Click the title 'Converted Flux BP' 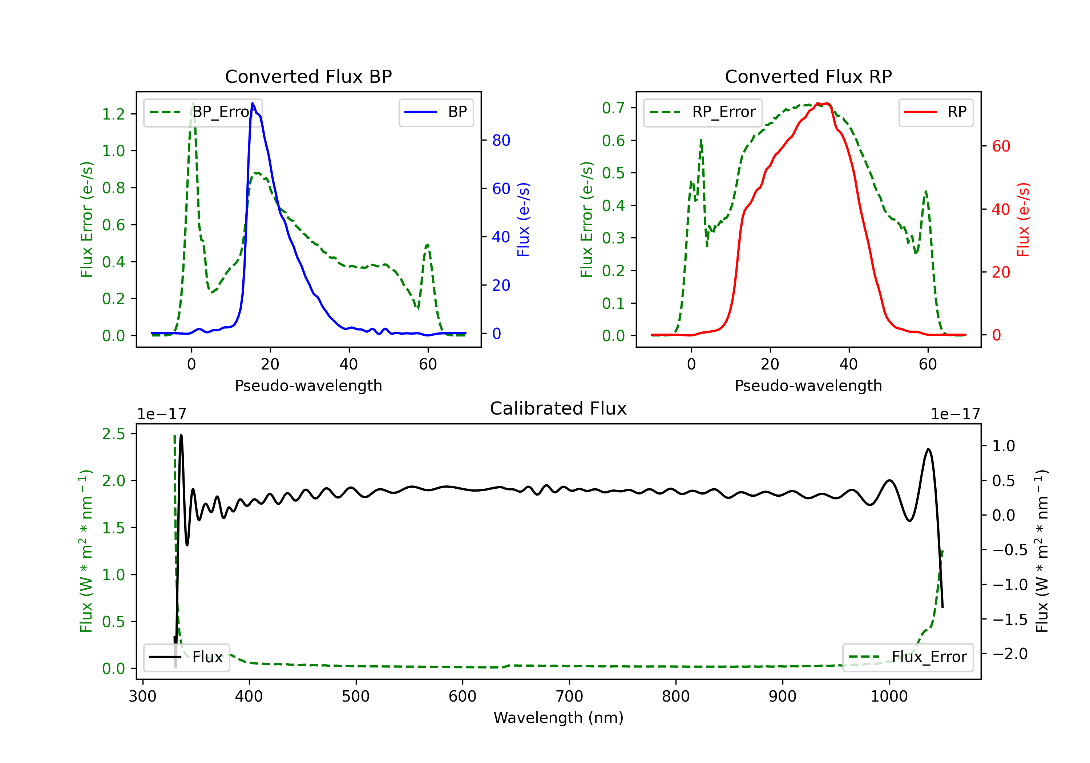pos(308,76)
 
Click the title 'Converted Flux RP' pos(808,76)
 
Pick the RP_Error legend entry pos(703,112)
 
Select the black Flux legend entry pos(187,657)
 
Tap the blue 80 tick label pos(501,141)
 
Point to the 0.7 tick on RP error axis pos(613,108)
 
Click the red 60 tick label pos(1001,146)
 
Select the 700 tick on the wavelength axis pos(569,697)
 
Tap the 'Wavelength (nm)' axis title pos(558,718)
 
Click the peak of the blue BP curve pos(253,104)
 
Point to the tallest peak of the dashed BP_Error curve pos(193,103)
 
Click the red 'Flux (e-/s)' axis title pos(1023,220)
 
